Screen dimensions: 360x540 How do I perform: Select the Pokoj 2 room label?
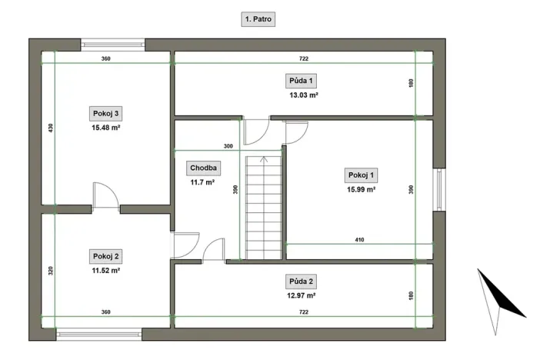point(105,256)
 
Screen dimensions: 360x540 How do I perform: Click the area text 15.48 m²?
point(105,128)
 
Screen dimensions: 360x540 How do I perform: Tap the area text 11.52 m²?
point(105,271)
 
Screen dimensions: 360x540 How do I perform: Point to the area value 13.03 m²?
point(303,95)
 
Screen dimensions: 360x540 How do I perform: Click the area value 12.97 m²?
point(303,295)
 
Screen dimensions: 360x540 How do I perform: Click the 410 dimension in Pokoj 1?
point(359,240)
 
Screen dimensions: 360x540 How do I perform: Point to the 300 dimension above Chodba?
point(228,146)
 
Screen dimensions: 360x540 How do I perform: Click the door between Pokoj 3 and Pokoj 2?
point(105,198)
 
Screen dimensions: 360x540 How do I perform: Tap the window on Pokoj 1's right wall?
point(438,189)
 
